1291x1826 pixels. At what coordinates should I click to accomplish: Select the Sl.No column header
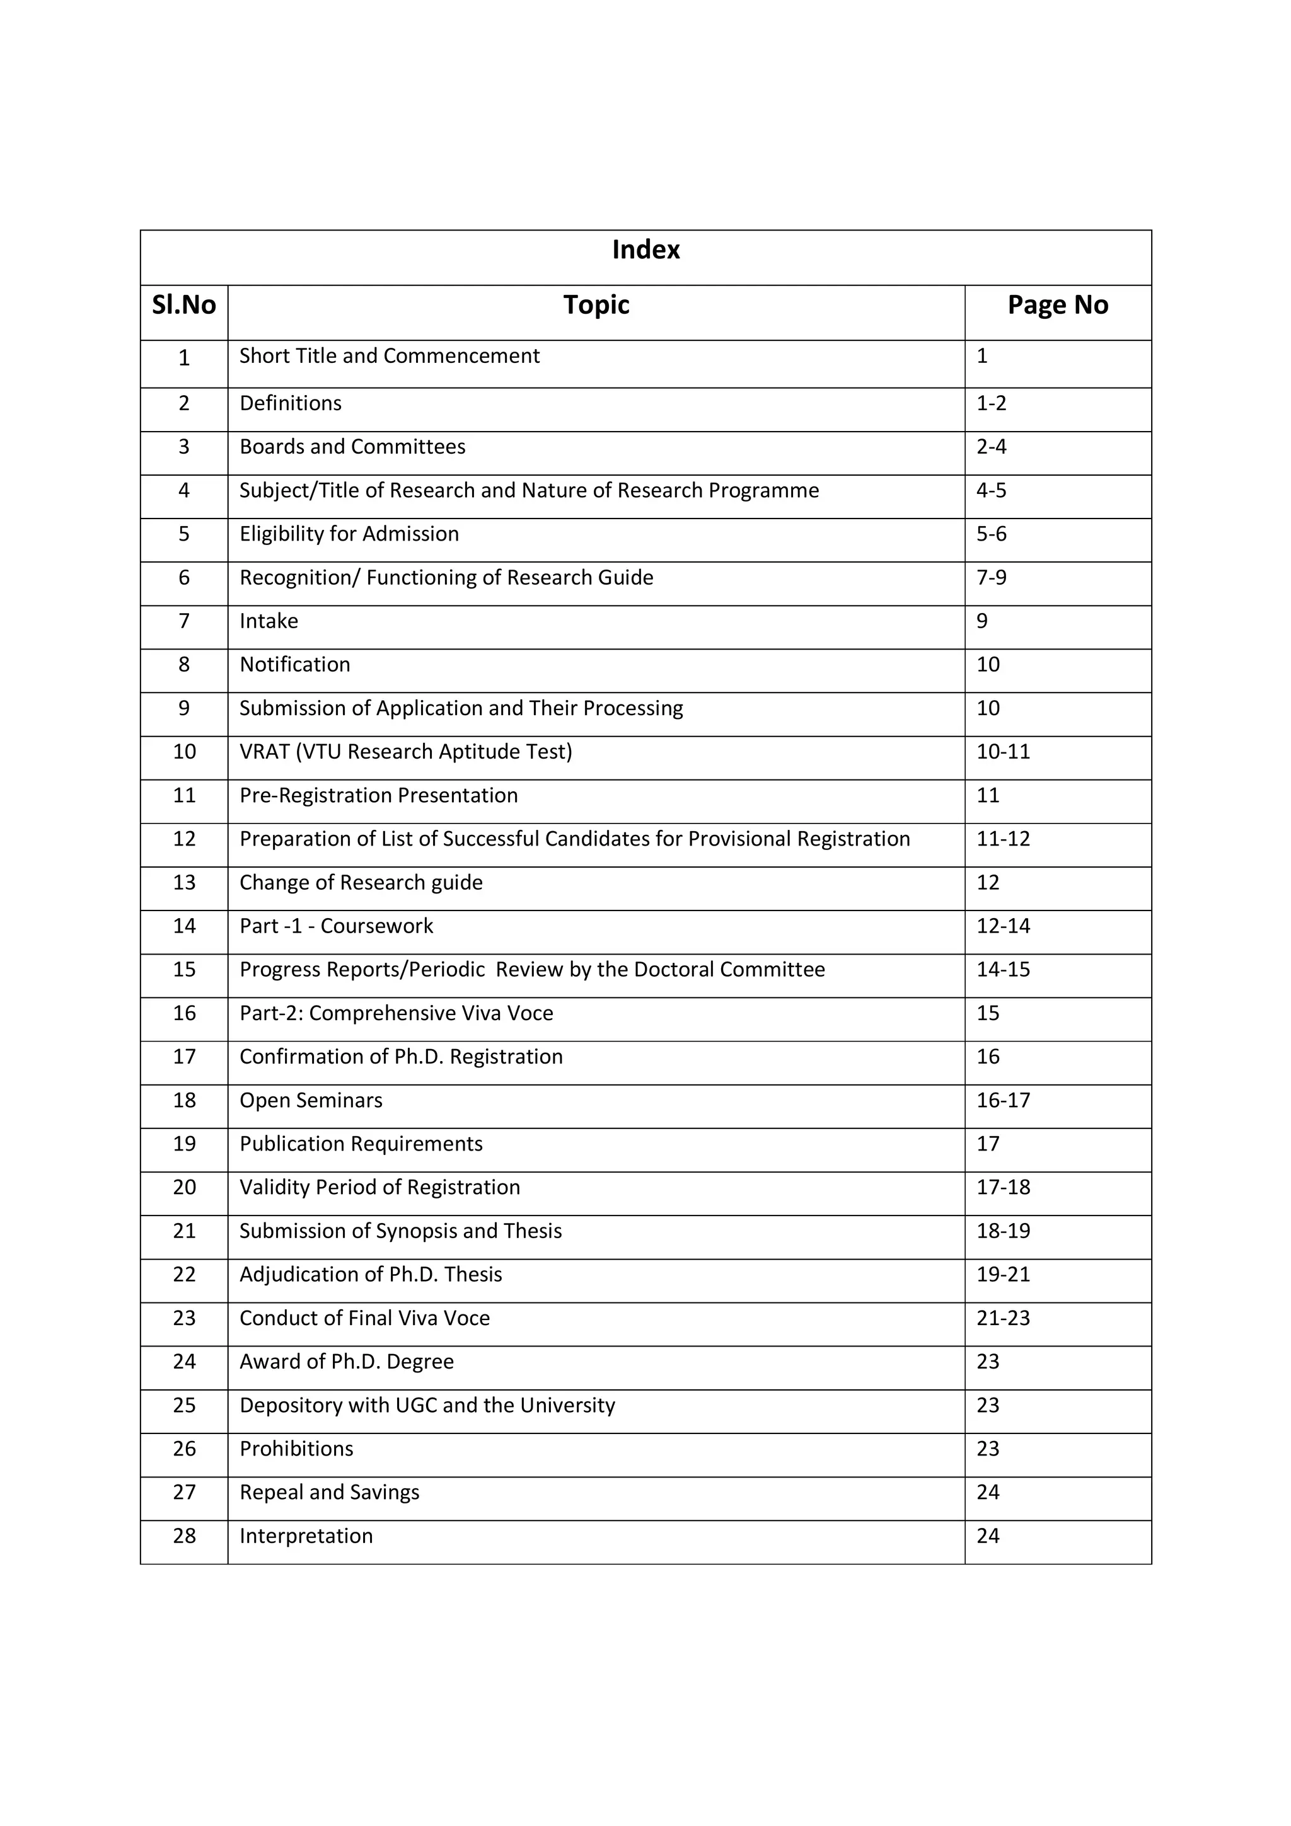183,306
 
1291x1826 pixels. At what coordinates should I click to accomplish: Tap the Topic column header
596,306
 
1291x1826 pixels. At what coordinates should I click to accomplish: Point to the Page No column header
1057,306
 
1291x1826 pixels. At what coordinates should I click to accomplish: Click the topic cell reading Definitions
291,403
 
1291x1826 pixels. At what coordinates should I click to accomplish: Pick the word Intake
269,621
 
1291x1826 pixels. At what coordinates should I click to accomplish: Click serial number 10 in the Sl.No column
183,752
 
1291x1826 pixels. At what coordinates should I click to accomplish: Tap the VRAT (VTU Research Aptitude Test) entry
406,752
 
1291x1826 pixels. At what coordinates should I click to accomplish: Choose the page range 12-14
1003,926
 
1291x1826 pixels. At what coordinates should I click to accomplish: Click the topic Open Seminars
311,1100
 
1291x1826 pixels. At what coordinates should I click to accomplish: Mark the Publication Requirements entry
361,1144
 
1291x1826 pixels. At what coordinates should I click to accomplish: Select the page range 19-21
1003,1274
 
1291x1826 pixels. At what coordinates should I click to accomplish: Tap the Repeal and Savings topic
329,1492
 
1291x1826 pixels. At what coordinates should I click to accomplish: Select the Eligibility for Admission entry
349,534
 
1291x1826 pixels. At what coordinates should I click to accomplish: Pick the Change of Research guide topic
361,883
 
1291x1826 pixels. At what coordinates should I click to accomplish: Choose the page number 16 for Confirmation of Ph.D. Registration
988,1057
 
